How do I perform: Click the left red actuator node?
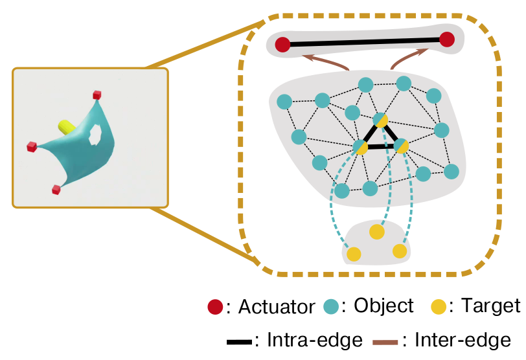(x=282, y=44)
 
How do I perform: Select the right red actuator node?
(x=447, y=39)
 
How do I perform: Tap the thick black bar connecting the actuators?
(x=365, y=42)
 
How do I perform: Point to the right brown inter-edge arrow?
(x=406, y=57)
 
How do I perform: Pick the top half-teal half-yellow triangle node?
(x=381, y=120)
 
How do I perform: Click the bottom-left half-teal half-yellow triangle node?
(x=360, y=147)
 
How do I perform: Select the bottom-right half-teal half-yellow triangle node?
(x=401, y=146)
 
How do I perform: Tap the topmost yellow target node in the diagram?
(x=377, y=232)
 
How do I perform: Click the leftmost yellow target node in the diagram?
(x=354, y=254)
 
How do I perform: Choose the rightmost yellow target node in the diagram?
(x=400, y=251)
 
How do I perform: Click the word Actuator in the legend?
(x=277, y=306)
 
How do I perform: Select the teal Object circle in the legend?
(x=331, y=306)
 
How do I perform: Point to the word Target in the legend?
(x=491, y=306)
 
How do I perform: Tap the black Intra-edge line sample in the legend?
(x=239, y=343)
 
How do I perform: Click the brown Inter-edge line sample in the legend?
(x=385, y=343)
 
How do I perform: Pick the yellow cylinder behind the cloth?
(x=67, y=127)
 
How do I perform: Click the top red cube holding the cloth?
(x=97, y=95)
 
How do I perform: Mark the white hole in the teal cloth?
(x=96, y=135)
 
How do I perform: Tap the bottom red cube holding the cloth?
(x=56, y=190)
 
